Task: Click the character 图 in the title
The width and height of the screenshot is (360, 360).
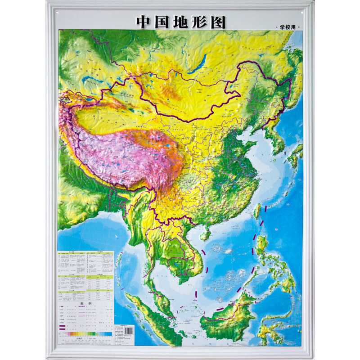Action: coord(217,22)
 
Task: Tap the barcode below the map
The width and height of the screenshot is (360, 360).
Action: coord(129,331)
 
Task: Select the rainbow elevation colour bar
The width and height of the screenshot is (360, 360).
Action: coord(85,334)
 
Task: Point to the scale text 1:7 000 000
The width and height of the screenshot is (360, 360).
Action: coord(85,339)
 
